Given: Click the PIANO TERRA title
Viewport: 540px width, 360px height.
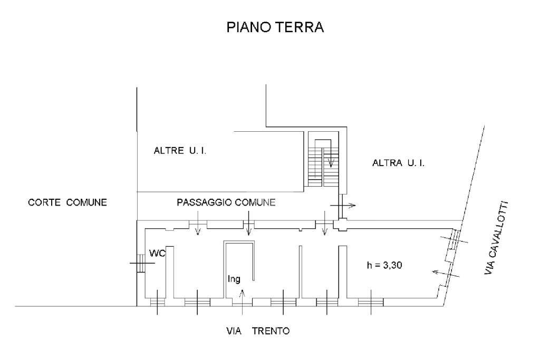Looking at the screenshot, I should tap(275, 27).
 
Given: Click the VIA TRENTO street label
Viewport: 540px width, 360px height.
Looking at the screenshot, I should tap(254, 332).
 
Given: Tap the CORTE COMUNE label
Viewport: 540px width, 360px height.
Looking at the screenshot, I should tap(67, 202).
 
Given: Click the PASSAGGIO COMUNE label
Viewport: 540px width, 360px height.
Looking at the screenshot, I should tap(226, 202).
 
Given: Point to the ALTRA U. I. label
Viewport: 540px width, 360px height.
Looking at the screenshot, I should tap(399, 164).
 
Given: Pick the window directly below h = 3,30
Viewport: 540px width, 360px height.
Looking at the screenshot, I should tap(370, 302).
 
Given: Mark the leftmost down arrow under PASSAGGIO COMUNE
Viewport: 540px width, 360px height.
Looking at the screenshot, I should tap(197, 229).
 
